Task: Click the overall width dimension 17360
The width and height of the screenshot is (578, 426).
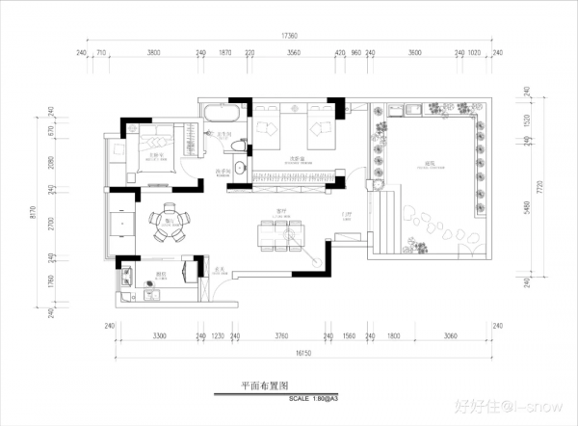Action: click(x=289, y=36)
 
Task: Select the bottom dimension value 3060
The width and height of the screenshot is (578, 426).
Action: click(x=450, y=336)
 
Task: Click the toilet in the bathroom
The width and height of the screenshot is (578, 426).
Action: click(x=238, y=146)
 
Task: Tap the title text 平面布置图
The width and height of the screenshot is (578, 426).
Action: click(x=265, y=384)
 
